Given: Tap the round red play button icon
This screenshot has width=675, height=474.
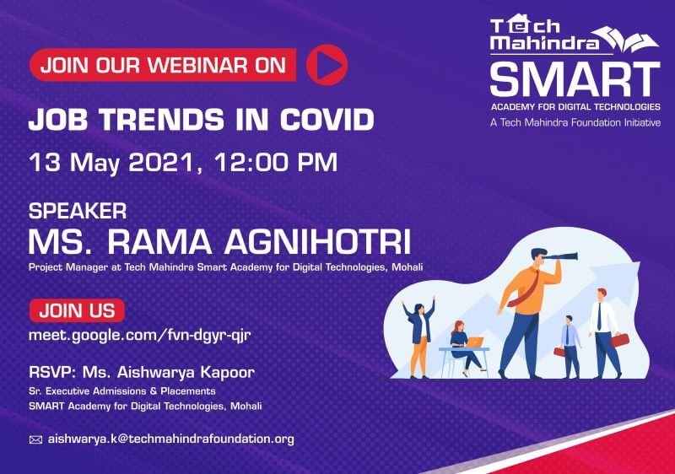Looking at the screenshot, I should (x=327, y=64).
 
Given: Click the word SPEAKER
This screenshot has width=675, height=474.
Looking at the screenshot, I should (x=78, y=211).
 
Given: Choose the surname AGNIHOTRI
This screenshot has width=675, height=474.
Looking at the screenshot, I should (x=318, y=242).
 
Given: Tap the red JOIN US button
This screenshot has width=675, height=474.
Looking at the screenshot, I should (x=78, y=310).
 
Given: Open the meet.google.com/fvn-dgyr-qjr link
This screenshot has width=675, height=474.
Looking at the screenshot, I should (x=139, y=335).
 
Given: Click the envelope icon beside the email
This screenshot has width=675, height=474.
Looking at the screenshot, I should (x=35, y=439).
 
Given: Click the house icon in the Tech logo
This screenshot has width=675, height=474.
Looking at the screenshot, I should (x=516, y=24).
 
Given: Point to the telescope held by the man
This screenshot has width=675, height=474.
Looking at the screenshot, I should (x=561, y=256).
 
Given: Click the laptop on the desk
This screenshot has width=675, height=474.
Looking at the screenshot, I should (x=475, y=342).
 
